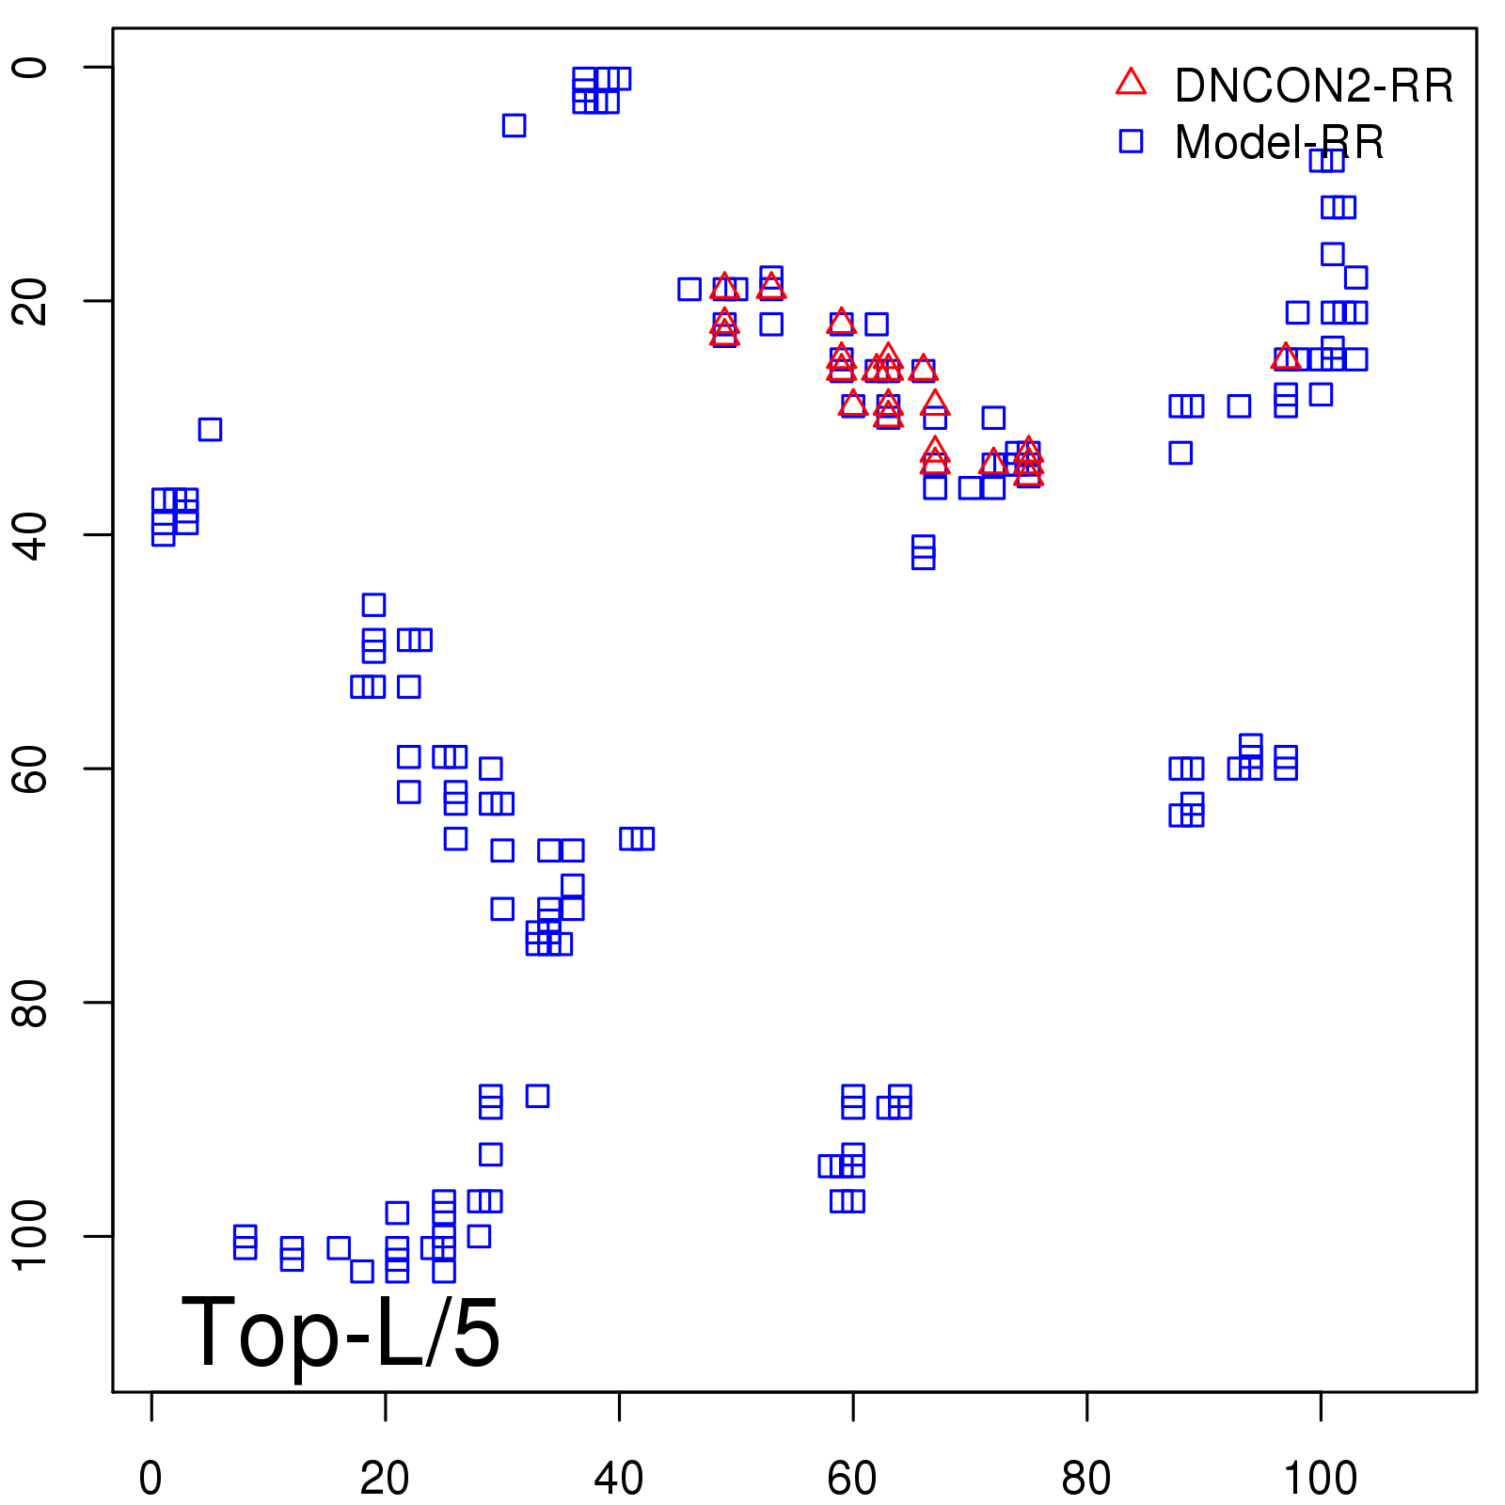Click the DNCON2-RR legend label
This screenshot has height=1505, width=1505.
coord(1313,87)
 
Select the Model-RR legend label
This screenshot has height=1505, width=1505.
coord(1278,143)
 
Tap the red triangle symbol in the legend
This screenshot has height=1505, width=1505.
coord(1131,83)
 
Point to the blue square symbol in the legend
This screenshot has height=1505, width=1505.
coord(1131,141)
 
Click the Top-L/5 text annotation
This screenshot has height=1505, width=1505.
coord(341,1332)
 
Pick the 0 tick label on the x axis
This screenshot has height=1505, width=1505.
coord(150,1479)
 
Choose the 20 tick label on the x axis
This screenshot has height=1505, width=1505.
coord(385,1479)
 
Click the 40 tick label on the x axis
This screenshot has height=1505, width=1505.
coord(619,1479)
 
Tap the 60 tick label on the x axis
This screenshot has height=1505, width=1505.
coord(852,1479)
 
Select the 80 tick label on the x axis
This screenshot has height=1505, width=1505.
coord(1086,1479)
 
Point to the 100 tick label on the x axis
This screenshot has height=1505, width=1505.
coord(1320,1479)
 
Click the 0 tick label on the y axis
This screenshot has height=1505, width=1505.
coord(30,67)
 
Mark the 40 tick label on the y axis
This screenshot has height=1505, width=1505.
coord(30,534)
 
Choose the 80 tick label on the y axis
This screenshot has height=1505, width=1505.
coord(30,1002)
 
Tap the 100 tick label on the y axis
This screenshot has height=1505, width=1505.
coord(30,1235)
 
